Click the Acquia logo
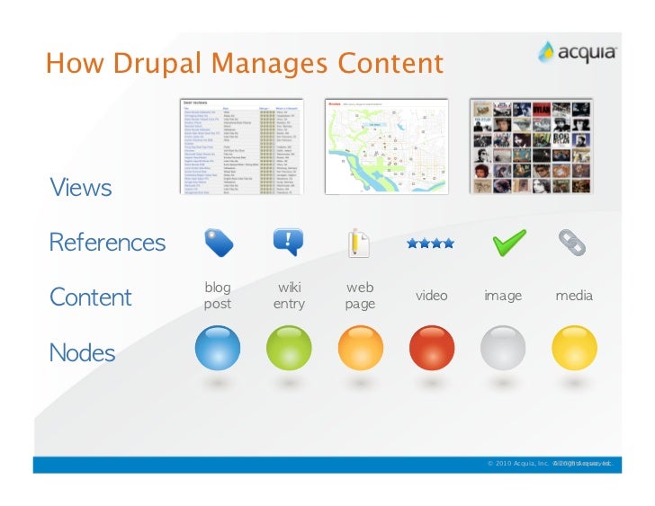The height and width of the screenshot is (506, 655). (577, 52)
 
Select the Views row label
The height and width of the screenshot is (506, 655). (81, 188)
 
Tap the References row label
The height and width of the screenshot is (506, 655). (107, 243)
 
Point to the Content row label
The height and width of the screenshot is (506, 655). (90, 297)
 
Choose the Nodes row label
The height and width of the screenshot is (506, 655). (82, 352)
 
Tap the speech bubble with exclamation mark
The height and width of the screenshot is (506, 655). (288, 242)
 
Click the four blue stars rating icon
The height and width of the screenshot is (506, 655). (430, 243)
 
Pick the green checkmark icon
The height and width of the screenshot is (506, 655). (508, 242)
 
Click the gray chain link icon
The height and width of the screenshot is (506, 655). (573, 242)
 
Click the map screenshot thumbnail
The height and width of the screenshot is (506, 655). (386, 146)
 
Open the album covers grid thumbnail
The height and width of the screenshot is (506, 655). (531, 146)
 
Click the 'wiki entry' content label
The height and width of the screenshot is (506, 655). (289, 296)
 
